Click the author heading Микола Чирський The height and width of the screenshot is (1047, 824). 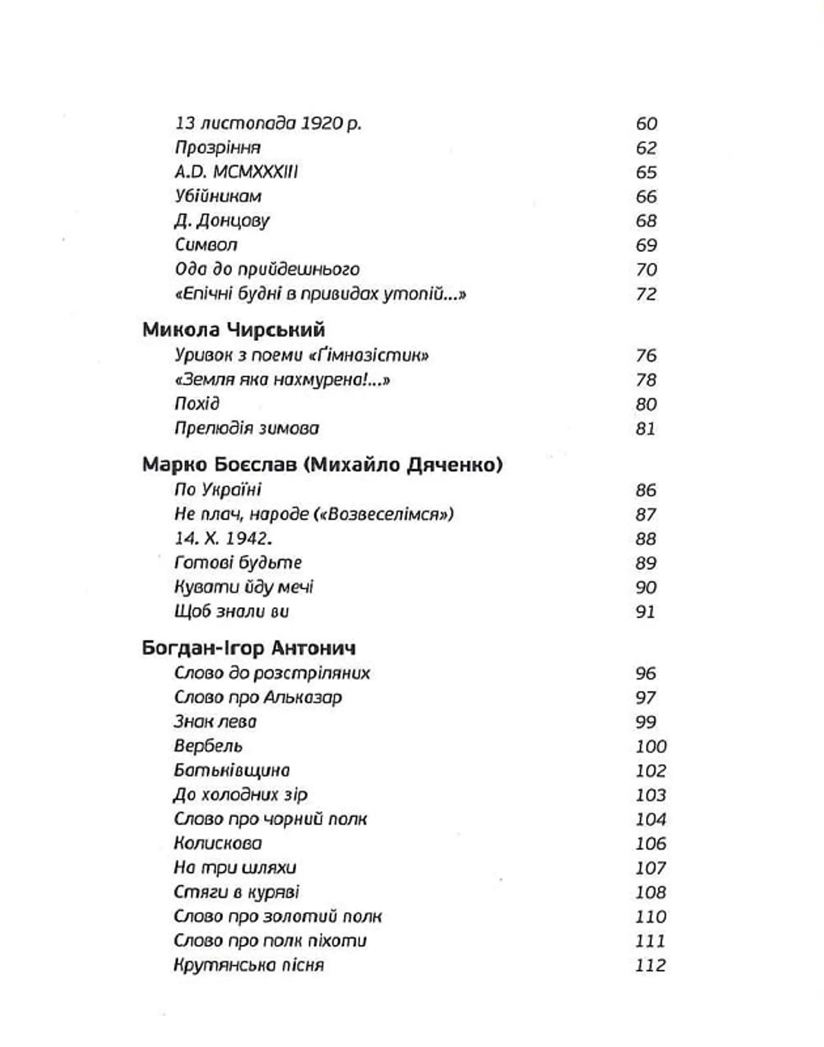point(233,330)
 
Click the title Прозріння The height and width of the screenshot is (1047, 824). point(218,148)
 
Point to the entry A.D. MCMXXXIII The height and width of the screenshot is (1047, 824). point(236,172)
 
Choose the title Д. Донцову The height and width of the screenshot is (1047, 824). point(222,221)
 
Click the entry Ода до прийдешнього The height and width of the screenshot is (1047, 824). point(267,269)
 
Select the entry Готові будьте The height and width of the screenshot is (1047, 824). point(238,563)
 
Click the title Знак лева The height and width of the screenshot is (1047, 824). point(215,721)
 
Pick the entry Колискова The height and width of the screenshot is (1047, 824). point(218,843)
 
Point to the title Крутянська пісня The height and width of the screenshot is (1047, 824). point(248,965)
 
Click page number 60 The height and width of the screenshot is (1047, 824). point(646,124)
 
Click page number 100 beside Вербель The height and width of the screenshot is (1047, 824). point(651,746)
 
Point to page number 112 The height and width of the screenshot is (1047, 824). point(650,965)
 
